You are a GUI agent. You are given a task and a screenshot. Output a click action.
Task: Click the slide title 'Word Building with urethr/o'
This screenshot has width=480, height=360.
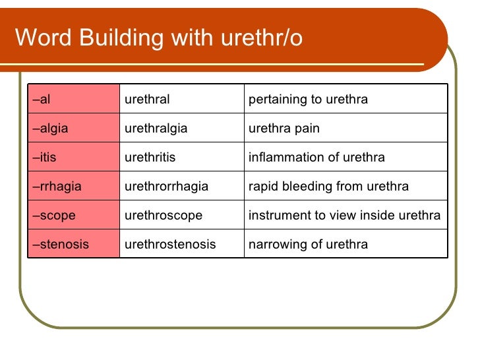[158, 38]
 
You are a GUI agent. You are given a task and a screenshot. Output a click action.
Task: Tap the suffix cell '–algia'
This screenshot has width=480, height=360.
[51, 129]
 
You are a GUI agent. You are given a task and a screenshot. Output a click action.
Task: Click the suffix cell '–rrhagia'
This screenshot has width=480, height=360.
[57, 187]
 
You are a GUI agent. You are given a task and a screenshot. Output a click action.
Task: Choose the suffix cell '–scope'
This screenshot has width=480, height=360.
[54, 216]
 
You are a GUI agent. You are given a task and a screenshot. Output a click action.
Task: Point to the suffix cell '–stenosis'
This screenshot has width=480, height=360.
[61, 245]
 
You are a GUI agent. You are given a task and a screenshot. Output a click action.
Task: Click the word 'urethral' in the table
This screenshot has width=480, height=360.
[147, 100]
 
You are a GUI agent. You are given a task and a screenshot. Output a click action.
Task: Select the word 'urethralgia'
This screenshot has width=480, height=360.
[156, 129]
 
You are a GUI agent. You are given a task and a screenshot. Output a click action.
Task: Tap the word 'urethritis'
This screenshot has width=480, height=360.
[150, 158]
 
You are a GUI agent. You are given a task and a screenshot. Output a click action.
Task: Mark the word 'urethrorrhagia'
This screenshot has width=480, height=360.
[166, 187]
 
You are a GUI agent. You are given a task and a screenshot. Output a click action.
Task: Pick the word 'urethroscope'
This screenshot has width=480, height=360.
[163, 216]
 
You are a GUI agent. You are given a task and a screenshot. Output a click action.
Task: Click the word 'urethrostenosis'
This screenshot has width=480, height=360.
[170, 245]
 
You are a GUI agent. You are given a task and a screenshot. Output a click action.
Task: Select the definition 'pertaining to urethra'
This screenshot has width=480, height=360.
[308, 100]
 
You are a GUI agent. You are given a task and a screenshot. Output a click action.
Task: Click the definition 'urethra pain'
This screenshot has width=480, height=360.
[284, 129]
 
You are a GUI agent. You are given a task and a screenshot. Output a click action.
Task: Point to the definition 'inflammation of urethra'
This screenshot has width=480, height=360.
[316, 158]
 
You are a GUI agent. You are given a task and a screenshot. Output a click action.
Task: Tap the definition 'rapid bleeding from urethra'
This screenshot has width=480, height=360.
[328, 187]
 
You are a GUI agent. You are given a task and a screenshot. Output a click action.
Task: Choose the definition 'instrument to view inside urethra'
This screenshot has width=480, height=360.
[344, 216]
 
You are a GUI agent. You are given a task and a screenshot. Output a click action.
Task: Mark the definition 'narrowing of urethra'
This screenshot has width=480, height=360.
[308, 245]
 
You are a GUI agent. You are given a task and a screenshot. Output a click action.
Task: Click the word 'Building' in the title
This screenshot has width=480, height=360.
[123, 38]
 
